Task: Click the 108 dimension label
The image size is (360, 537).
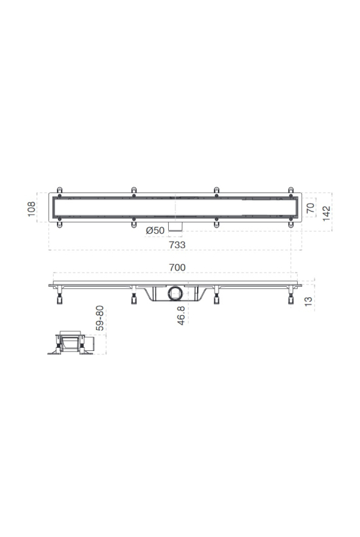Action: [x=31, y=209]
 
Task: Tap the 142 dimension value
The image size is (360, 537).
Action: [x=327, y=213]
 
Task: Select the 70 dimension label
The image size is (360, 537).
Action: [x=310, y=208]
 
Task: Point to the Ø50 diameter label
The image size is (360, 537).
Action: [x=155, y=231]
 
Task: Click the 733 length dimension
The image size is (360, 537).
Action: [x=177, y=245]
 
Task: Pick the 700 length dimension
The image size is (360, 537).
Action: [x=177, y=267]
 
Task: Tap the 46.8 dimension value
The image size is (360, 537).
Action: [x=181, y=316]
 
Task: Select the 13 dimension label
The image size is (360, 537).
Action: [x=308, y=301]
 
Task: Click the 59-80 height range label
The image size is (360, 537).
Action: [x=100, y=318]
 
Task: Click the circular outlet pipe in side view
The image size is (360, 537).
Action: [x=176, y=294]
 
